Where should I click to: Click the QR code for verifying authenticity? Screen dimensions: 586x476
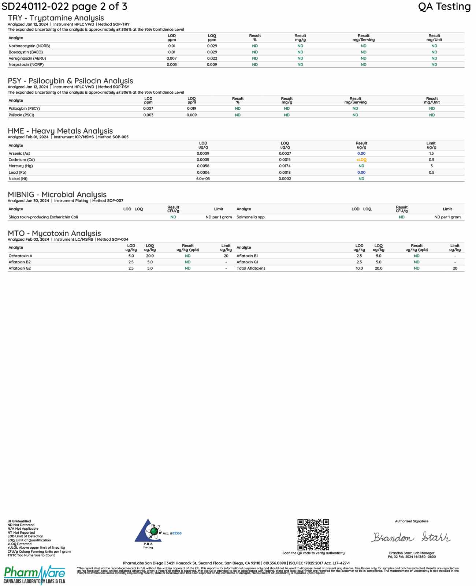coord(313,534)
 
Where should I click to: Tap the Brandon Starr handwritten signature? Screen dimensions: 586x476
coord(411,537)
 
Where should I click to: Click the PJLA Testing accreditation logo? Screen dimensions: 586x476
coord(148,533)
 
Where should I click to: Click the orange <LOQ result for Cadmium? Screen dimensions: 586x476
coord(361,160)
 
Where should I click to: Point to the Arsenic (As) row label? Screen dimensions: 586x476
coord(19,154)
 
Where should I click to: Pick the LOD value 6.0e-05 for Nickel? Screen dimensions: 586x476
coord(203,179)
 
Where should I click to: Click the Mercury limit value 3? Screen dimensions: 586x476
coord(431,166)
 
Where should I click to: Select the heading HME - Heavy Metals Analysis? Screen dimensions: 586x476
coord(60,131)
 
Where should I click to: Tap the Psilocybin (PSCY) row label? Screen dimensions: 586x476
coord(24,109)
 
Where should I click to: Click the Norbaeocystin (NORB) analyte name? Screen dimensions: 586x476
coord(29,46)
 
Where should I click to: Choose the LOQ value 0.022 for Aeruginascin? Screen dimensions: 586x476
coord(212,59)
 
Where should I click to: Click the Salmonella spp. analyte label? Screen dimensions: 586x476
coord(251,217)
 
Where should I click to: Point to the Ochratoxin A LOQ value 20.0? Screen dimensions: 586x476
coord(150,256)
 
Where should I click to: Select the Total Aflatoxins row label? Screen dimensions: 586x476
coord(251,268)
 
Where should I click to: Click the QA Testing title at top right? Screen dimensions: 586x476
coord(444,7)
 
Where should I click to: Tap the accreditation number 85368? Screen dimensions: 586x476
coord(177,533)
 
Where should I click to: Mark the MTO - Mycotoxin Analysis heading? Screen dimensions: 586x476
coord(54,233)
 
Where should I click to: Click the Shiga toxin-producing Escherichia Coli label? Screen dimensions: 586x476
coord(43,217)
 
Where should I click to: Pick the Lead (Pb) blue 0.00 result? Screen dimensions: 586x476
coord(361,173)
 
